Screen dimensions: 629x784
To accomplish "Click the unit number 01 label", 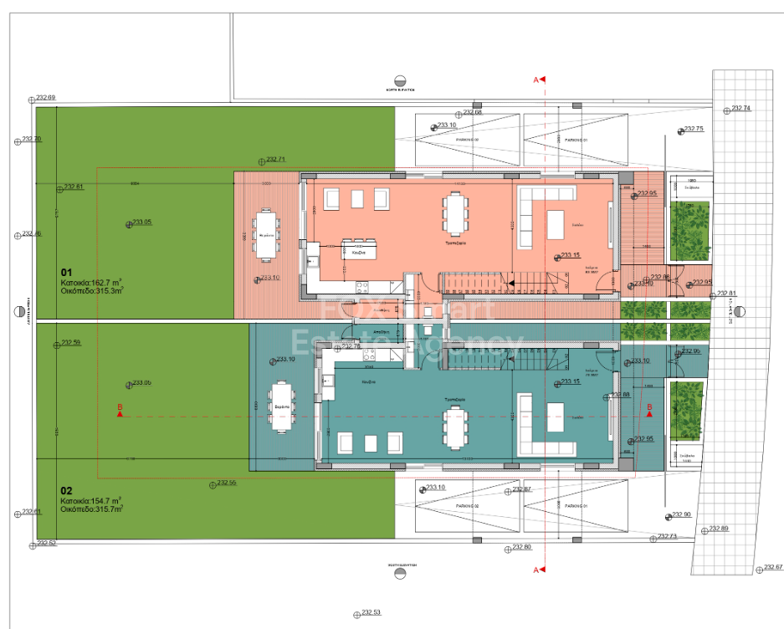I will pos(67,272).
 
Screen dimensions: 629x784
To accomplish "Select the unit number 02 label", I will pos(67,491).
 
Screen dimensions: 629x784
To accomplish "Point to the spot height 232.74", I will pos(740,109).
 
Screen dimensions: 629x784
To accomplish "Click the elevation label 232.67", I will pos(772,567).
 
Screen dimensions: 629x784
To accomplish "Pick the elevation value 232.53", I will pos(371,612).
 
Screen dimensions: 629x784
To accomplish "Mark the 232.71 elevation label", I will pos(275,159).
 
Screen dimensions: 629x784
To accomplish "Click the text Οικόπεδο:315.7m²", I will pos(91,509).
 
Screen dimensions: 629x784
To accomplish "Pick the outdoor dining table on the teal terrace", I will pos(281,407).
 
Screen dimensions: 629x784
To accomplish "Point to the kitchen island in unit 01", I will pos(360,250).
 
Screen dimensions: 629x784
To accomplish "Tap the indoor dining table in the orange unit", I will pos(455,214).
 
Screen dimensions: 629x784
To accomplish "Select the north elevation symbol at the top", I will pos(401,80).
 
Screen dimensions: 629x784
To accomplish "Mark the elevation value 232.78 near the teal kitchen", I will pos(351,346).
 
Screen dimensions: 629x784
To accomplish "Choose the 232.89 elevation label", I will pos(719,529).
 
